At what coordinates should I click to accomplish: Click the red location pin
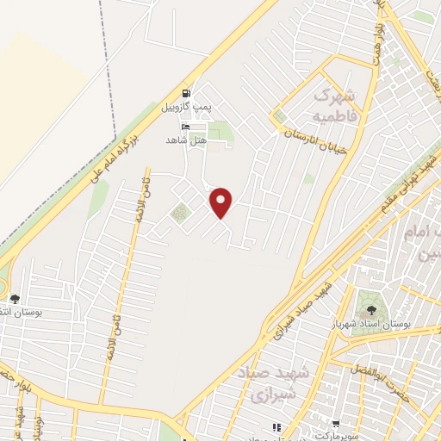pyautogui.click(x=222, y=202)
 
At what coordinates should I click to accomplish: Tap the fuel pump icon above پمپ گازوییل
pyautogui.click(x=186, y=94)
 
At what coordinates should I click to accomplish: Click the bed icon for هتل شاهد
pyautogui.click(x=186, y=126)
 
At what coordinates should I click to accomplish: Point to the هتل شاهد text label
pyautogui.click(x=186, y=139)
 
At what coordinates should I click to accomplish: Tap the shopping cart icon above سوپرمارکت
pyautogui.click(x=334, y=424)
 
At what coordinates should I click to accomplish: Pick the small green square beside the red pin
pyautogui.click(x=179, y=214)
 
